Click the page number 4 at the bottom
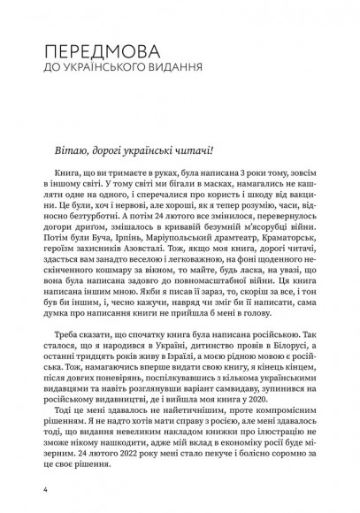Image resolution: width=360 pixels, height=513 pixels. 32,489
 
